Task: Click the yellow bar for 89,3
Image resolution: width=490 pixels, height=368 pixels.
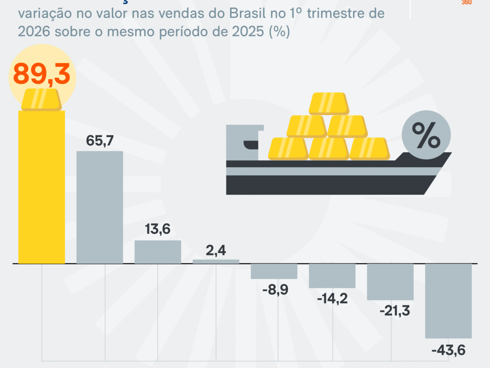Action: pyautogui.click(x=42, y=187)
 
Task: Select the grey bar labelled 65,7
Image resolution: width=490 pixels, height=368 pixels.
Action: pyautogui.click(x=100, y=207)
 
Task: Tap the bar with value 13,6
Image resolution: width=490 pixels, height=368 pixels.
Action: pyautogui.click(x=158, y=252)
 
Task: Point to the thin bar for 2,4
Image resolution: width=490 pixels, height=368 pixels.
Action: pyautogui.click(x=216, y=261)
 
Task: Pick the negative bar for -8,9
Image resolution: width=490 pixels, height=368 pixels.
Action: pyautogui.click(x=274, y=271)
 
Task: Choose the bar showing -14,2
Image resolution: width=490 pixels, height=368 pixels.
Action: pyautogui.click(x=332, y=276)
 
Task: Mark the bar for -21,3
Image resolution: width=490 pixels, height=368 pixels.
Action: pyautogui.click(x=390, y=282)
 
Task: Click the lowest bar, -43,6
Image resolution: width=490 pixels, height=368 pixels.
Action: pyautogui.click(x=448, y=301)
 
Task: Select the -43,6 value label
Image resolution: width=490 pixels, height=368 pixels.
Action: pyautogui.click(x=448, y=350)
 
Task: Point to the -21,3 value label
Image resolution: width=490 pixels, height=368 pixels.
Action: pyautogui.click(x=390, y=312)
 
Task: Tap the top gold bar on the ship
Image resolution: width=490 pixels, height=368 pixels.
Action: pyautogui.click(x=329, y=103)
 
